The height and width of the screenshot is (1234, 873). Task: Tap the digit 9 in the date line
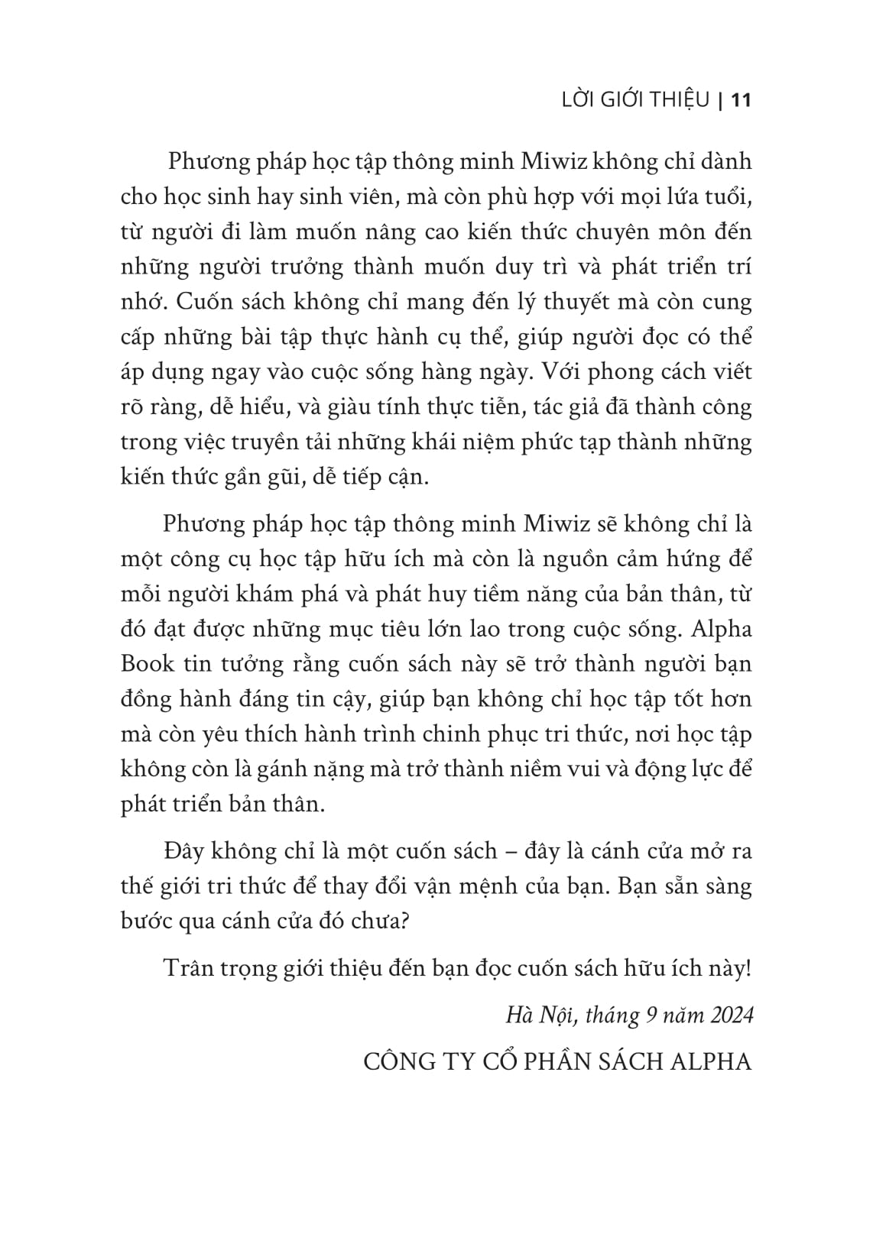[651, 1015]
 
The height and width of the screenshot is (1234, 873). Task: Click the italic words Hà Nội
[535, 1015]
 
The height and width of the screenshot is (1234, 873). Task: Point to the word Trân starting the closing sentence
[188, 968]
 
